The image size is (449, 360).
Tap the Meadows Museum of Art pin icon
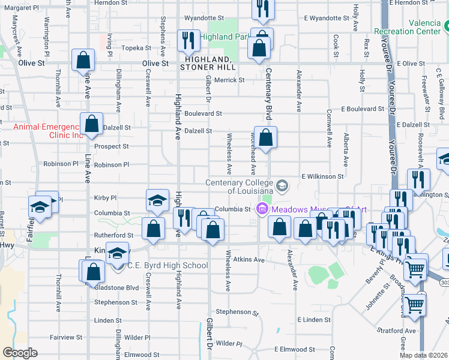(x=262, y=209)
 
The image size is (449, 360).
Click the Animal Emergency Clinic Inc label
(x=48, y=131)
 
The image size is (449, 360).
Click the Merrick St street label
(x=230, y=80)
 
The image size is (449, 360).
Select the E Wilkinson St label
(x=322, y=177)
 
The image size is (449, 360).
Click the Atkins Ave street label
(x=249, y=260)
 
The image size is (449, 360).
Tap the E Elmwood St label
(x=295, y=349)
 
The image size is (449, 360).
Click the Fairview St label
(x=65, y=338)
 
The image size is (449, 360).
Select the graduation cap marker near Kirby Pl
(x=158, y=200)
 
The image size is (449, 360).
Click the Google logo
(x=20, y=353)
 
